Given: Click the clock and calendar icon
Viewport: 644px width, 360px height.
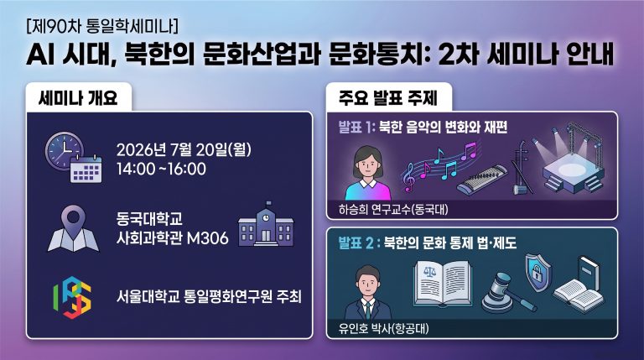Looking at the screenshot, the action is pyautogui.click(x=74, y=158).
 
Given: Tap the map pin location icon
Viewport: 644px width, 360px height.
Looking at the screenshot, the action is pyautogui.click(x=73, y=228).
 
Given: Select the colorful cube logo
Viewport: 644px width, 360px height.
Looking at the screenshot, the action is pyautogui.click(x=72, y=297).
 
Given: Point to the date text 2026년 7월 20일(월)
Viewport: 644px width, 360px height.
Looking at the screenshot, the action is pyautogui.click(x=184, y=149).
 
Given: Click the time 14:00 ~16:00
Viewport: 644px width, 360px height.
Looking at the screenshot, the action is pyautogui.click(x=161, y=169).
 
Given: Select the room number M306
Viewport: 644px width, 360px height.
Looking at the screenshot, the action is pyautogui.click(x=207, y=238).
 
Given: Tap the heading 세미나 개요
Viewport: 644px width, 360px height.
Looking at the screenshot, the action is pyautogui.click(x=78, y=98).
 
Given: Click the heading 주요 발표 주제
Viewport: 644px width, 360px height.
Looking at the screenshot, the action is pyautogui.click(x=388, y=98).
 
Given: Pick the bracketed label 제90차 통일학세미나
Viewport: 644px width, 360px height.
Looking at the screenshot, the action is pyautogui.click(x=102, y=26).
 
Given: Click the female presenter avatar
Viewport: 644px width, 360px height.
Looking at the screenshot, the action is pyautogui.click(x=367, y=174).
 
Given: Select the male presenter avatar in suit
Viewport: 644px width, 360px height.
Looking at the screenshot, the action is pyautogui.click(x=367, y=292).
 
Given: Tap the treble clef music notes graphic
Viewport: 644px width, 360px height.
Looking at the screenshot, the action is pyautogui.click(x=439, y=165).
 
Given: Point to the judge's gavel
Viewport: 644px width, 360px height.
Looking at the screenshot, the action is pyautogui.click(x=506, y=293).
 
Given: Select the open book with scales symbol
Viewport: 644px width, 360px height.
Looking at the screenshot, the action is pyautogui.click(x=443, y=284).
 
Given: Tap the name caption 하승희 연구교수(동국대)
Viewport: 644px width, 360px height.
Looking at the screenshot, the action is pyautogui.click(x=393, y=210).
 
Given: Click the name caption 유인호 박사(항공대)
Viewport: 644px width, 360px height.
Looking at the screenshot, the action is pyautogui.click(x=383, y=329).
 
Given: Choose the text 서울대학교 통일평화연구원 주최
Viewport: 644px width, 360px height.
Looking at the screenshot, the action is pyautogui.click(x=209, y=296).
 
